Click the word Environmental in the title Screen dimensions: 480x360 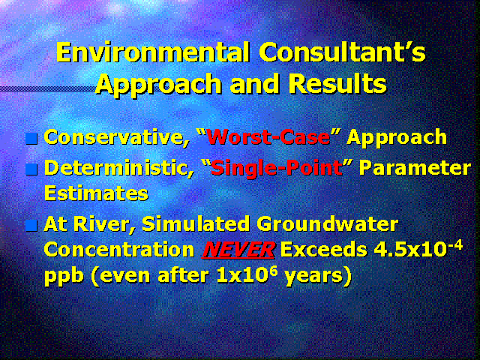[x=152, y=52]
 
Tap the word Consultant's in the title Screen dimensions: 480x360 [x=342, y=52]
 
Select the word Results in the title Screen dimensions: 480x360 [x=337, y=83]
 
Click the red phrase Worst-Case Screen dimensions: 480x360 [x=268, y=136]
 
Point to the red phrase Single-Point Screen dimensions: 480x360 [x=277, y=168]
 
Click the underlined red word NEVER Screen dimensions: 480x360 [x=238, y=250]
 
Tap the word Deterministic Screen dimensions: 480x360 [x=119, y=168]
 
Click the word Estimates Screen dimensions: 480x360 [x=96, y=193]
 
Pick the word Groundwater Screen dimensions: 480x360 [x=327, y=223]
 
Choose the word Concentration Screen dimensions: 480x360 [x=119, y=250]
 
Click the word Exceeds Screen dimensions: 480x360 [x=323, y=250]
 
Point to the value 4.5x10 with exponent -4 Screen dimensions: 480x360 [x=418, y=248]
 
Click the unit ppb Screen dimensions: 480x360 [x=64, y=277]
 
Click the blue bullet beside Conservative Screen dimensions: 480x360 [x=31, y=139]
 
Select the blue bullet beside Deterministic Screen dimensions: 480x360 [x=31, y=169]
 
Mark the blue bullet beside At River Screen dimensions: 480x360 [x=31, y=226]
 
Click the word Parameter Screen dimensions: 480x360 [x=415, y=168]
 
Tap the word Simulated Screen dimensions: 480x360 [x=196, y=223]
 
